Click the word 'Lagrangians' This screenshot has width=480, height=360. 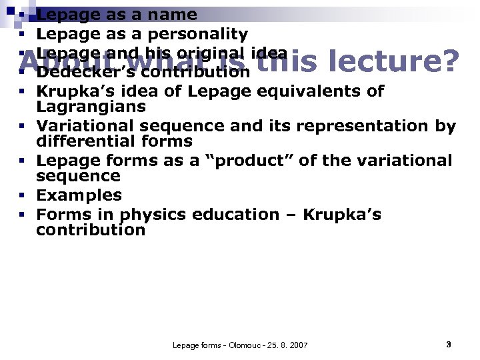pos(91,107)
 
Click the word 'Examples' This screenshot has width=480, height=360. pos(79,195)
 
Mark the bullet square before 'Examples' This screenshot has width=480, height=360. pos(22,196)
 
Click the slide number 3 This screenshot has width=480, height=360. pos(449,344)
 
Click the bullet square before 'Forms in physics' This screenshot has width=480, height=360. pos(22,215)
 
